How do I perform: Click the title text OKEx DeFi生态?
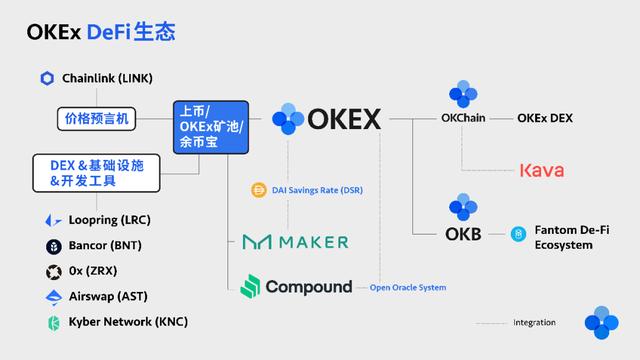click(x=101, y=32)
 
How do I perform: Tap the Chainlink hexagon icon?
click(x=47, y=78)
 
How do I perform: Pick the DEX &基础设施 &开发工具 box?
click(x=89, y=173)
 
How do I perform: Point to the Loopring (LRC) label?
click(x=110, y=219)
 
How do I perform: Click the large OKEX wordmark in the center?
click(x=343, y=120)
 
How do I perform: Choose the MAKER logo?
click(x=296, y=241)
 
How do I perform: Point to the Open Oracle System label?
click(x=408, y=288)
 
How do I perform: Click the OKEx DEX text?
click(x=545, y=118)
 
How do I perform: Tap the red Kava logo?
click(x=541, y=171)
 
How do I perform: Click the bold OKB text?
click(x=463, y=235)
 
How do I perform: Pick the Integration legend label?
click(x=534, y=323)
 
